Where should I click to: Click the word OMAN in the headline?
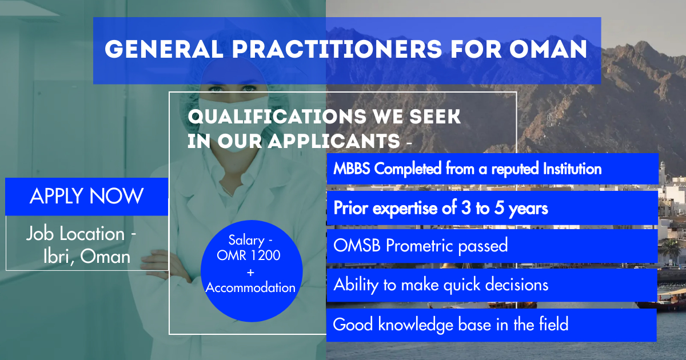(x=548, y=49)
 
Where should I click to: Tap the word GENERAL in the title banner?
(x=164, y=49)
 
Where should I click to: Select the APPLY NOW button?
(x=87, y=197)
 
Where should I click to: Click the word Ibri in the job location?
(x=56, y=256)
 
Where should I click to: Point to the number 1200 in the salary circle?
(x=265, y=255)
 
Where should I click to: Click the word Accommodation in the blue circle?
(x=250, y=288)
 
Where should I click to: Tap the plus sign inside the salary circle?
(x=250, y=272)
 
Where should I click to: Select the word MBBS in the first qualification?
(x=352, y=169)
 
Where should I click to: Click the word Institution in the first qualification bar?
(x=572, y=169)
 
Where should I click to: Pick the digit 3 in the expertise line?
(x=466, y=207)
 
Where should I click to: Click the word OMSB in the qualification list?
(x=357, y=246)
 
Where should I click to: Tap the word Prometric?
(x=419, y=246)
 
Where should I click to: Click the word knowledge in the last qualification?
(x=416, y=325)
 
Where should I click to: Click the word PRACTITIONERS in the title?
(x=337, y=49)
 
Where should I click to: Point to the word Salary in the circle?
(x=246, y=241)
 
